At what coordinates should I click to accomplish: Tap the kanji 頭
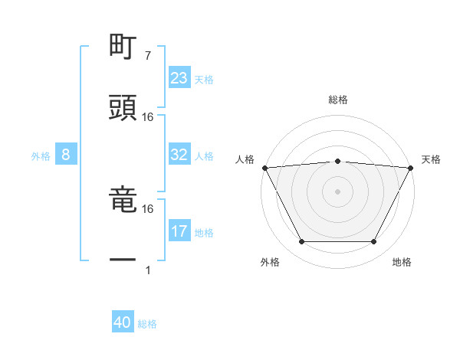[x=123, y=108]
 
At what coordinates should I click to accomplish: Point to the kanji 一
[x=123, y=260]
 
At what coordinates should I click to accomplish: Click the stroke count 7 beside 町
[x=147, y=56]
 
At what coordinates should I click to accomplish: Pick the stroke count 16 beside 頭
[x=148, y=116]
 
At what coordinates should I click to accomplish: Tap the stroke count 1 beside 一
[x=147, y=270]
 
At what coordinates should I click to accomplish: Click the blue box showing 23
[x=179, y=78]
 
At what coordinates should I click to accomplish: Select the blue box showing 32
[x=179, y=155]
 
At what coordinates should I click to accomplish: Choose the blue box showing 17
[x=179, y=231]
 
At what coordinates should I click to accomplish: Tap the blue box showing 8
[x=66, y=155]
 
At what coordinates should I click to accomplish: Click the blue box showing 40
[x=123, y=323]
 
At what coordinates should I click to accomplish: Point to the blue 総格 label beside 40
[x=147, y=324]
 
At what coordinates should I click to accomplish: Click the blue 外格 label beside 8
[x=41, y=155]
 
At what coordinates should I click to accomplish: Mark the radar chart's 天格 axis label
[x=431, y=159]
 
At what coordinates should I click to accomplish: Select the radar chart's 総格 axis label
[x=338, y=100]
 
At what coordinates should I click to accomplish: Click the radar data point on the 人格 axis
[x=265, y=167]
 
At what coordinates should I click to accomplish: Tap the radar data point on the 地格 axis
[x=374, y=242]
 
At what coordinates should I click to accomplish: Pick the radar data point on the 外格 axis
[x=301, y=242]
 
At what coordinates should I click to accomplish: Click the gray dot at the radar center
[x=337, y=191]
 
